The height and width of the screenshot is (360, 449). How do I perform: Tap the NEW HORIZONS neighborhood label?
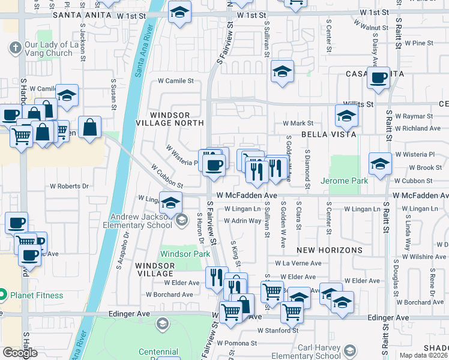coord(330,250)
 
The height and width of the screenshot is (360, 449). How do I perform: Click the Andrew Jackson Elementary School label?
coord(145,221)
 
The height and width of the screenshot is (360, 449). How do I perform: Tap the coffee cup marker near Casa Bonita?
coord(378,79)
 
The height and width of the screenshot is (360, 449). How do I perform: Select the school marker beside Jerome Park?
coord(380,164)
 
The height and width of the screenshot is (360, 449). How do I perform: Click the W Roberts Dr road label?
coord(69,186)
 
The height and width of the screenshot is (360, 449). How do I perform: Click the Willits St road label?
coord(358,103)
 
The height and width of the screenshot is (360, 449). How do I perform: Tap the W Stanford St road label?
coord(278,330)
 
